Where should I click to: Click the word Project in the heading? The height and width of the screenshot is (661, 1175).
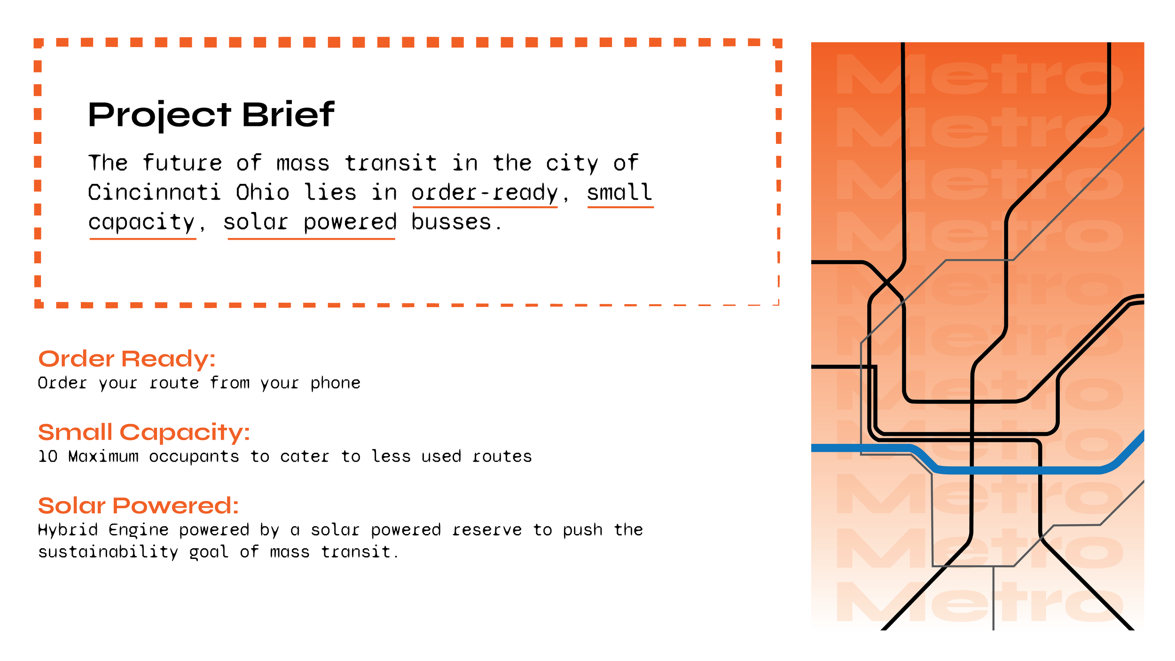click(x=159, y=115)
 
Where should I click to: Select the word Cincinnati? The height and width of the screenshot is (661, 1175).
click(x=154, y=193)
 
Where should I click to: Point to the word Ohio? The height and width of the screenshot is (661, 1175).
click(x=262, y=193)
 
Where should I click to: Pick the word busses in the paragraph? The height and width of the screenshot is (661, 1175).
click(x=451, y=222)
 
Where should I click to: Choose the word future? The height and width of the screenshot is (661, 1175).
click(x=183, y=164)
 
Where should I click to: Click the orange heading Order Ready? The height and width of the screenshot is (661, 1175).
click(x=126, y=359)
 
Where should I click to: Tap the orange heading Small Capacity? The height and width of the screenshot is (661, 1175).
click(x=144, y=433)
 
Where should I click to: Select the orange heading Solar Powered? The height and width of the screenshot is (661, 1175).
click(x=138, y=506)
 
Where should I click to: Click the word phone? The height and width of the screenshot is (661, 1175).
click(x=335, y=383)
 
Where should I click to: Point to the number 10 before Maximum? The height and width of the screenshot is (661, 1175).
click(x=47, y=456)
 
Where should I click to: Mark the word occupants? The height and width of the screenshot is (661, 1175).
click(x=194, y=457)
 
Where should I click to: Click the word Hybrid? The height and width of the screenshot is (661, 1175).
click(x=68, y=530)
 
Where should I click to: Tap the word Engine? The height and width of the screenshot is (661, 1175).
click(x=138, y=530)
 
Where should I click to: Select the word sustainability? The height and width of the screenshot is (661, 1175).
click(x=108, y=552)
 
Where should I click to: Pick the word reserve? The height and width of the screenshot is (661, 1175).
click(x=486, y=530)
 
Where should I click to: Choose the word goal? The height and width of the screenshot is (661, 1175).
click(x=209, y=552)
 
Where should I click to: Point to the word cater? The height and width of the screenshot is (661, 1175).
click(x=305, y=456)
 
